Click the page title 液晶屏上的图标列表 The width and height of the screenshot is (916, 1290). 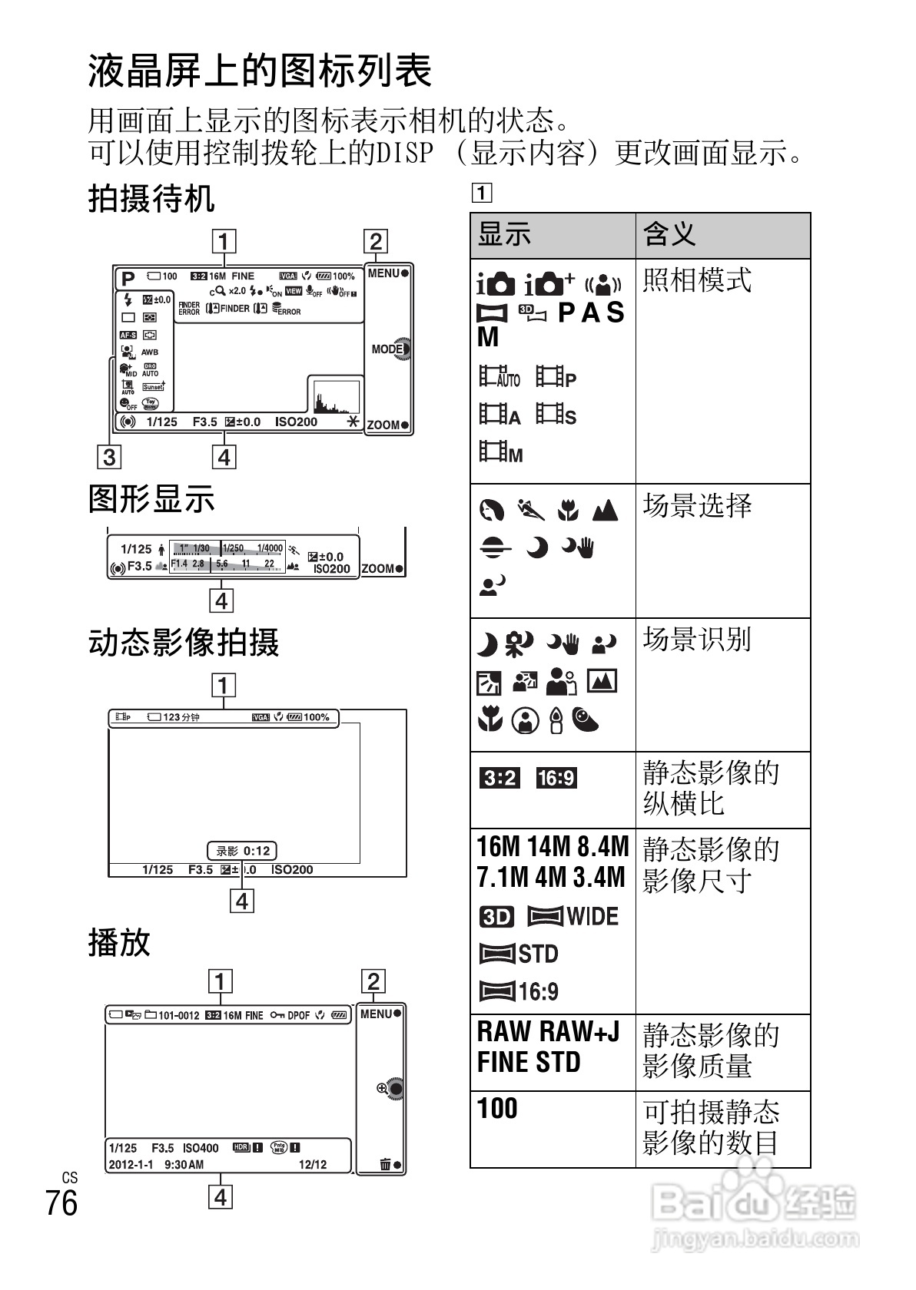point(261,71)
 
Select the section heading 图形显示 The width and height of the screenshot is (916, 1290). point(151,498)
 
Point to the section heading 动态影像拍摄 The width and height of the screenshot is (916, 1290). point(184,642)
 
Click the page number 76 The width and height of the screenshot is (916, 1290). point(61,1203)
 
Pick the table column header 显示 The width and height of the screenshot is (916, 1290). point(505,234)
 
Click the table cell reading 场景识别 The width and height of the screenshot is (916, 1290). point(697,639)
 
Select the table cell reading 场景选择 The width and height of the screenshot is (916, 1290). point(697,505)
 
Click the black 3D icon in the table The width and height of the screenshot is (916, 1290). point(496,917)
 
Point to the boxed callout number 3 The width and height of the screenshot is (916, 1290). point(109,457)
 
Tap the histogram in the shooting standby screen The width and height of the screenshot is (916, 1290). point(335,396)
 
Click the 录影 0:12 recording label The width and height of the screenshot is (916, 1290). point(242,851)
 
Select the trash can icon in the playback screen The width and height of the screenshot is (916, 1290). point(386,1165)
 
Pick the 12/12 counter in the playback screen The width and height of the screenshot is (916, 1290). point(313,1165)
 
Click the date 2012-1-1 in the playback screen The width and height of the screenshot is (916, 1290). point(131,1165)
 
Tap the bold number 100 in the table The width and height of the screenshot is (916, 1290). point(497,1108)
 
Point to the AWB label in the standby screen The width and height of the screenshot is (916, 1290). point(150,352)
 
